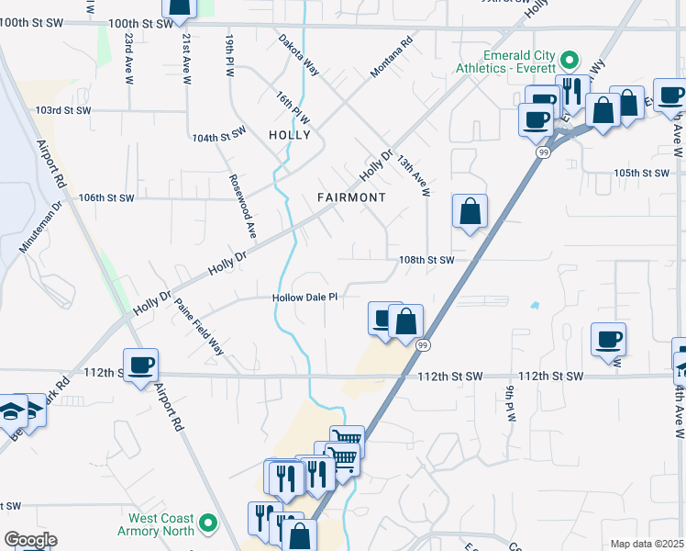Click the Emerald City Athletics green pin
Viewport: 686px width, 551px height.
[569, 61]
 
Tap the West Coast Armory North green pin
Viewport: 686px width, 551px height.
[209, 523]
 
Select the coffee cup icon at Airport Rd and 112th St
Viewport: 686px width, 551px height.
[140, 366]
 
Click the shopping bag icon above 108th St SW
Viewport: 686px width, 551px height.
[470, 211]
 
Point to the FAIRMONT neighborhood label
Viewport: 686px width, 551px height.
[351, 197]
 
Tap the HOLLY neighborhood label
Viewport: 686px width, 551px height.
[289, 135]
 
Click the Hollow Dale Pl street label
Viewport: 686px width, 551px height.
[306, 298]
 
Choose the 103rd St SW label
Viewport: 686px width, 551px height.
[65, 110]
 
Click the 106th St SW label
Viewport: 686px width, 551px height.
[106, 197]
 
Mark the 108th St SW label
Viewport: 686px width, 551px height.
[426, 260]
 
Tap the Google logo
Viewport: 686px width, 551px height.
[30, 540]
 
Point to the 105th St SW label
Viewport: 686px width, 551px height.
[642, 173]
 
